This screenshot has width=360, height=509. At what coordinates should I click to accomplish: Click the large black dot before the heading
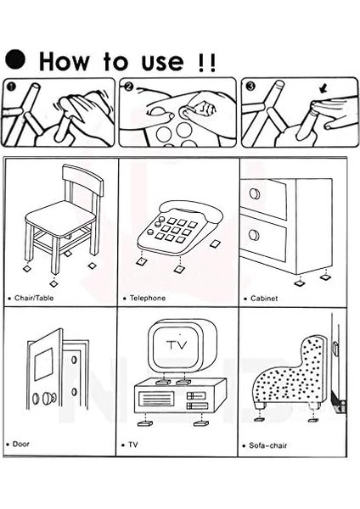tap(15, 59)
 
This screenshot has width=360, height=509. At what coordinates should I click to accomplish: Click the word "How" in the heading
tap(64, 61)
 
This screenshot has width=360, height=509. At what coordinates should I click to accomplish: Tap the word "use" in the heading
tap(162, 62)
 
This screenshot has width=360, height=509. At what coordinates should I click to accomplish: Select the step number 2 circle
tap(129, 87)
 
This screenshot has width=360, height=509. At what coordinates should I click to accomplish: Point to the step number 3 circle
tap(251, 86)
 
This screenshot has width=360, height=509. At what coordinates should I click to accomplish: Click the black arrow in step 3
tap(323, 88)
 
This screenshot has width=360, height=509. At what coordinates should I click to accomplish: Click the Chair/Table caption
tap(34, 298)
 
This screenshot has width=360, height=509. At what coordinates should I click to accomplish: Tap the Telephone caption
tap(148, 298)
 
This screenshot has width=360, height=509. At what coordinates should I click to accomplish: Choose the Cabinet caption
tap(264, 299)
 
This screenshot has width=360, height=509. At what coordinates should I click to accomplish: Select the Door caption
tap(20, 444)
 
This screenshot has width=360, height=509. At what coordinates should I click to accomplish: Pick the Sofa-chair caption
tap(267, 445)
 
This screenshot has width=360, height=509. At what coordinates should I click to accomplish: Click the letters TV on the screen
tap(177, 344)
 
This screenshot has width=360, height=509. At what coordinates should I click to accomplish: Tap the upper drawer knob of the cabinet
tap(255, 193)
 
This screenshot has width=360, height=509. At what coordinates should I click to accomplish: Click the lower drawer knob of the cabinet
tap(255, 234)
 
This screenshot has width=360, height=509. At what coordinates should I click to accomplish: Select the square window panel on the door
tap(43, 364)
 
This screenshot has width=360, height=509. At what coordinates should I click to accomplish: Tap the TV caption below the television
tap(133, 445)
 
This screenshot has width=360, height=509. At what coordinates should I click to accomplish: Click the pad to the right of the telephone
tap(215, 243)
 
